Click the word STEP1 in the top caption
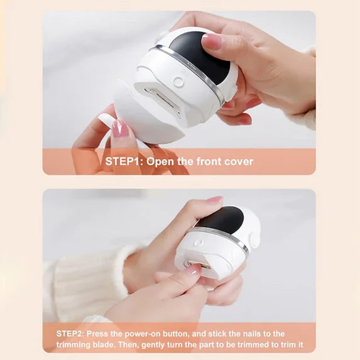(x=123, y=161)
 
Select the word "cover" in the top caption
(x=237, y=161)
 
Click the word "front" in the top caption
(x=207, y=161)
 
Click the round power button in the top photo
(x=178, y=82)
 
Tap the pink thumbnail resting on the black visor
(x=212, y=41)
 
